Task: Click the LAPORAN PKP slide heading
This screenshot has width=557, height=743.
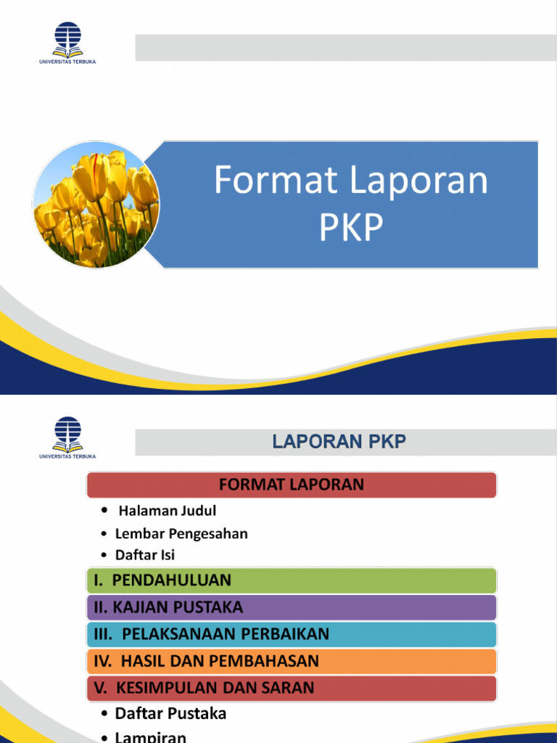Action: coord(339,442)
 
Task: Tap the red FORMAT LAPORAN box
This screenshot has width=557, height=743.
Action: coord(292,485)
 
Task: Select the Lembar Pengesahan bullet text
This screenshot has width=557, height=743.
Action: coord(181,533)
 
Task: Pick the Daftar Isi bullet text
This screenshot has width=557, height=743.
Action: coord(145,555)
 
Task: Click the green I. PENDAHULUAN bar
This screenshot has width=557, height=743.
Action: coord(292,580)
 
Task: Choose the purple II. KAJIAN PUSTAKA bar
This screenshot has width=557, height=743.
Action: coord(292,607)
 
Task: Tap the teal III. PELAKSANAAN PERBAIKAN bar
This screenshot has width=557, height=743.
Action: coord(292,634)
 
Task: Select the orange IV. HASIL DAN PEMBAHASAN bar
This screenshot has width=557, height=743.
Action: coord(292,661)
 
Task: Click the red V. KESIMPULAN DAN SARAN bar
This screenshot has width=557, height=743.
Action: coord(292,687)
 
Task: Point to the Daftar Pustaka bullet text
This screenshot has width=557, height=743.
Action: coord(170,713)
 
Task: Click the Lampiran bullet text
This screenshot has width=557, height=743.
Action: coord(151,736)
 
